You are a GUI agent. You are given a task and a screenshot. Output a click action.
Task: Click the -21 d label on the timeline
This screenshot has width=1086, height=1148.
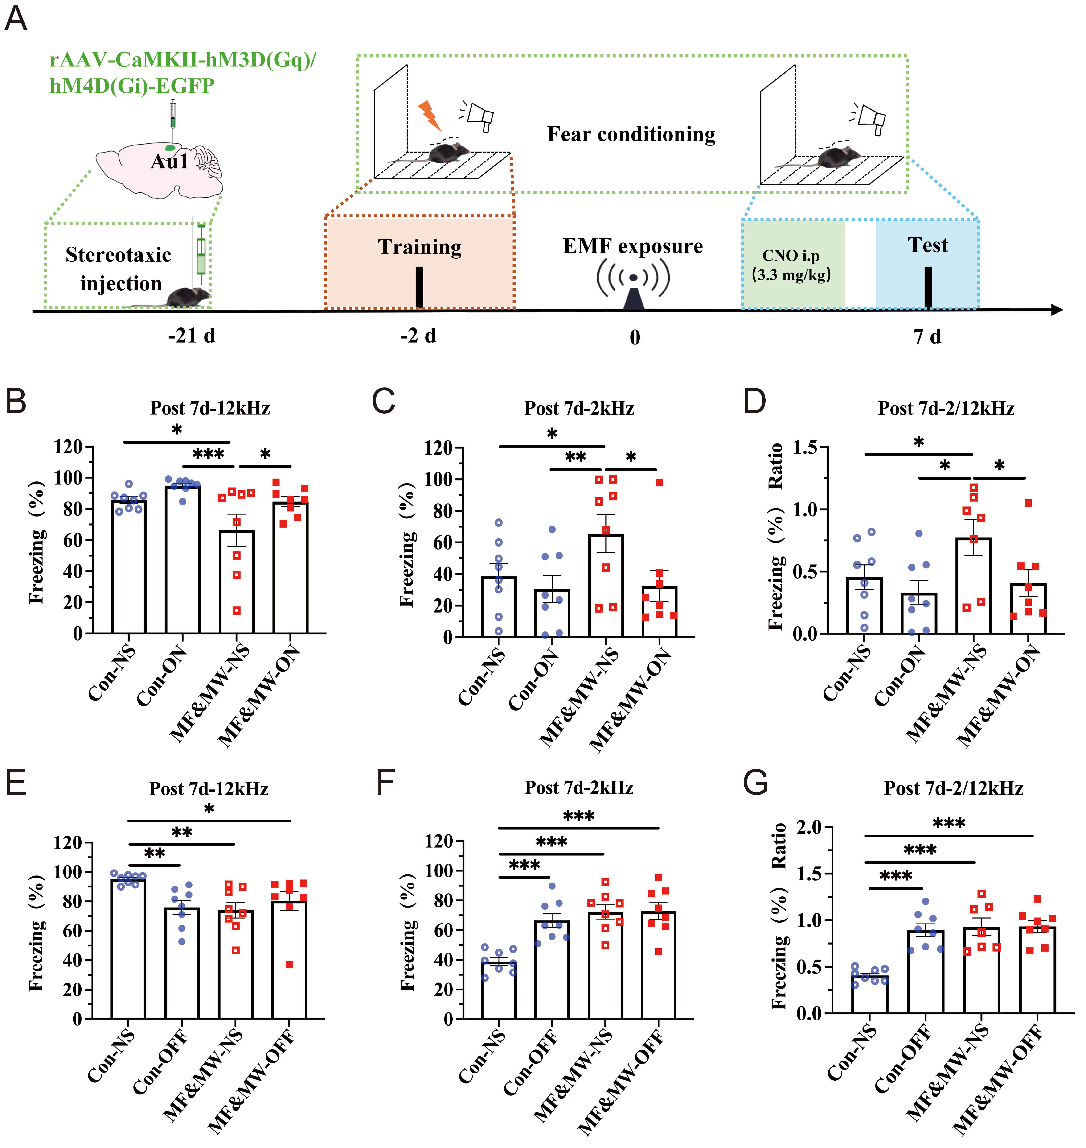click(192, 335)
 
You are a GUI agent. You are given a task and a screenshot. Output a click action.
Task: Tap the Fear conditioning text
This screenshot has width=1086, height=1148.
click(631, 134)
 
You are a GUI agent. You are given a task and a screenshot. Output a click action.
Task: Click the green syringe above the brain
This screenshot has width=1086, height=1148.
click(172, 115)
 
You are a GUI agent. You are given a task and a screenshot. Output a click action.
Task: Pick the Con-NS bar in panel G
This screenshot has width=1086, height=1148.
click(869, 994)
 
